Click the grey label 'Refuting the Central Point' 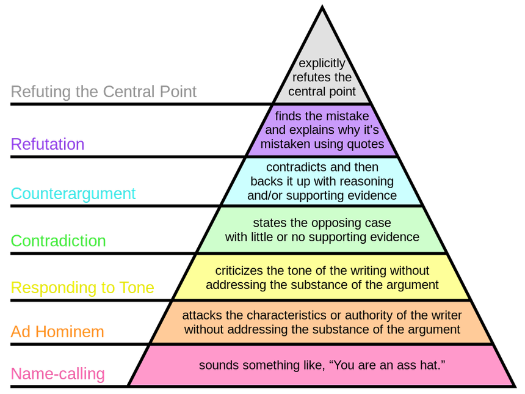103,92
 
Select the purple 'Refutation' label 48,144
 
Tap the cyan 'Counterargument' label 73,194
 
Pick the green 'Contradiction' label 58,241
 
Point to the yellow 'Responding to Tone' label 82,288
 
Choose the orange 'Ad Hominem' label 57,332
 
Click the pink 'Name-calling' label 57,374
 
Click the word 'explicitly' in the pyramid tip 322,64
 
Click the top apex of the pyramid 322,6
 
